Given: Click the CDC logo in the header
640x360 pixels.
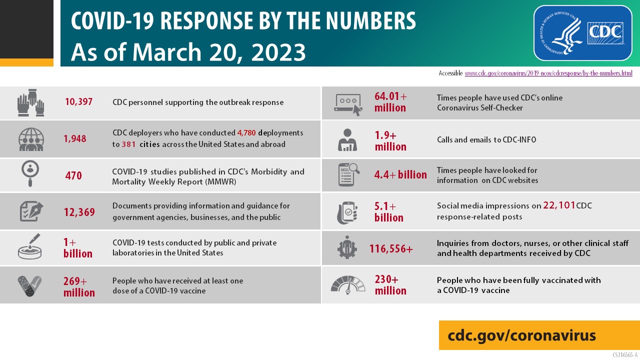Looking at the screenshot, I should (582, 33).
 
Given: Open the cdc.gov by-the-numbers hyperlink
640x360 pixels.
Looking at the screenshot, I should (548, 73).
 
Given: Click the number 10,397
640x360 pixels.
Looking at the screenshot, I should (78, 102).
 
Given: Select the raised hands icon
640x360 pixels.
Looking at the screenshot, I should (30, 102).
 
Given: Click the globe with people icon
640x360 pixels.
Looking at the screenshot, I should (31, 139).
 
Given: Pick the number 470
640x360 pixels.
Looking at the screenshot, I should (73, 176).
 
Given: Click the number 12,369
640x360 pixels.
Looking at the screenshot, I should (79, 212).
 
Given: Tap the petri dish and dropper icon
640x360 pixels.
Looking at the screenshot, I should (30, 246).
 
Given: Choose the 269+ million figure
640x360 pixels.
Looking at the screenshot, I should (79, 286).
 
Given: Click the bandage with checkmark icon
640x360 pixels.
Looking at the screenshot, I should (30, 285).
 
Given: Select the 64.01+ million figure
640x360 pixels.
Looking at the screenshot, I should (390, 101).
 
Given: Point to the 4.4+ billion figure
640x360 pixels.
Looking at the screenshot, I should (400, 174).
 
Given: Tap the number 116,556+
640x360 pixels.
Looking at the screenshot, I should (391, 248).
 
